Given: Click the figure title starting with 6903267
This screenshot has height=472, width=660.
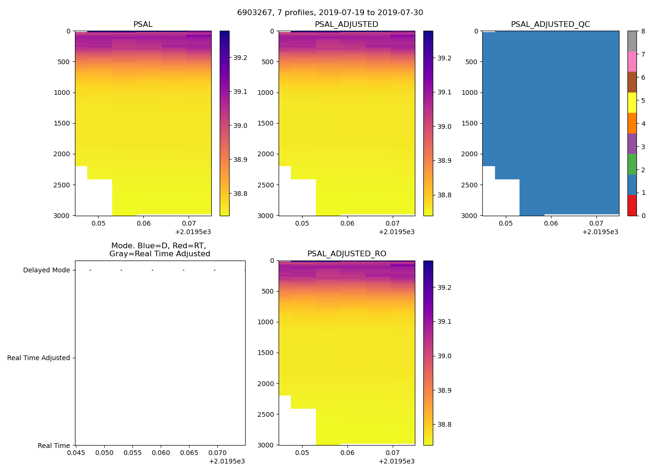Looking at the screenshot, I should tap(330, 13).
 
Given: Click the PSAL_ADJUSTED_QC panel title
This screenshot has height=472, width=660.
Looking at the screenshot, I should tap(550, 25).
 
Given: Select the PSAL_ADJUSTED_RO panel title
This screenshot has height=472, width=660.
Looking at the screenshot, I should tap(346, 254).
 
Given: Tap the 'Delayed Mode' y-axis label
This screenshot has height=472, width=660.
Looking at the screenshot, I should tap(46, 270).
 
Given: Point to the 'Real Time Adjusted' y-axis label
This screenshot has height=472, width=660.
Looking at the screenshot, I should tap(38, 358).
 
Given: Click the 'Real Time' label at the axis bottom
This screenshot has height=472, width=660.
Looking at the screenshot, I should tap(54, 446).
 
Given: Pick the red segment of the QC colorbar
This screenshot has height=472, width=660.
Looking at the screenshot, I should tap(632, 205).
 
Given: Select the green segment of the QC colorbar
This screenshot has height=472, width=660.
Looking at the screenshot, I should tap(632, 164).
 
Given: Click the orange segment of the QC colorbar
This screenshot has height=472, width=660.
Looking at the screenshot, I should tap(632, 123).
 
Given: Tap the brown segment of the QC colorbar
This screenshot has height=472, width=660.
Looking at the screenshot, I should tap(632, 82).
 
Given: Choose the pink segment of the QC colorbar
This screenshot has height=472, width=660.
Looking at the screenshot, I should tap(632, 62).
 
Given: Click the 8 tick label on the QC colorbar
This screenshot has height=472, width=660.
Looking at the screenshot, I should tap(643, 32).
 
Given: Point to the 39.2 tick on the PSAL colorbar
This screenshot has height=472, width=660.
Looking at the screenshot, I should tap(240, 58).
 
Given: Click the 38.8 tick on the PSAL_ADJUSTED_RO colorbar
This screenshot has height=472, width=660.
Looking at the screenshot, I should tap(444, 425).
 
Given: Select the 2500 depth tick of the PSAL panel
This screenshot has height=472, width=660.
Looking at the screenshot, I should tap(62, 185).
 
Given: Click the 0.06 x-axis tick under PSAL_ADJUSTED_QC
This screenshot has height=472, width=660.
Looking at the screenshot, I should tap(551, 223).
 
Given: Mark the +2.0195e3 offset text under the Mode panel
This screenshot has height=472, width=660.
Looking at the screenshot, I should tap(227, 462).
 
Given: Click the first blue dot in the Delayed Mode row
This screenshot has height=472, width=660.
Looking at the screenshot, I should tap(90, 270).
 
